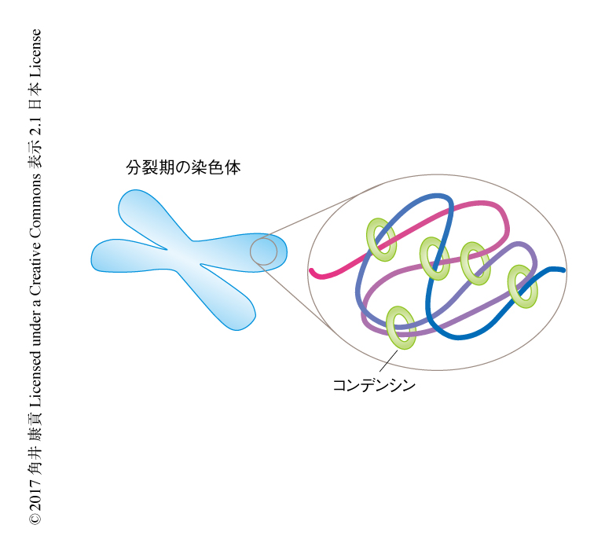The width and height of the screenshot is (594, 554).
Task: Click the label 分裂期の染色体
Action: click(183, 167)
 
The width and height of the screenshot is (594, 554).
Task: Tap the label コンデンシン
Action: click(374, 386)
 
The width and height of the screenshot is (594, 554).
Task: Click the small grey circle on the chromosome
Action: click(263, 251)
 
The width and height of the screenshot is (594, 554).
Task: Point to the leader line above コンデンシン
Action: click(388, 361)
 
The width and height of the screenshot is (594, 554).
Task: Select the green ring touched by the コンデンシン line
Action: click(401, 328)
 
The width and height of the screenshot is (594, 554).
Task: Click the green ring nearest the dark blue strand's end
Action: click(522, 287)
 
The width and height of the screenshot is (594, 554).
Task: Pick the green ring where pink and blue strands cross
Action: click(381, 240)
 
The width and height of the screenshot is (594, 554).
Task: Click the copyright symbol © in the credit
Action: click(35, 519)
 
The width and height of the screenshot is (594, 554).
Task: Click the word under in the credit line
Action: click(35, 329)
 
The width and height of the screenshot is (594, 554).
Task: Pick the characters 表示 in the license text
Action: click(35, 156)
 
